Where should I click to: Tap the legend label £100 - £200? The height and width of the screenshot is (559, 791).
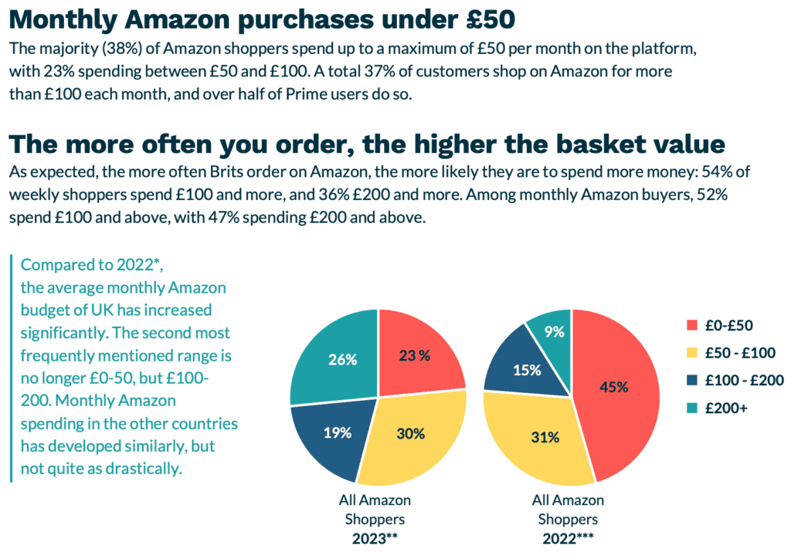(746, 380)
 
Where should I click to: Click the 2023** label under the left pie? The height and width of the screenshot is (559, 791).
(375, 537)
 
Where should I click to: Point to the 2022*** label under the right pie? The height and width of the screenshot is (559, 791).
(569, 537)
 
